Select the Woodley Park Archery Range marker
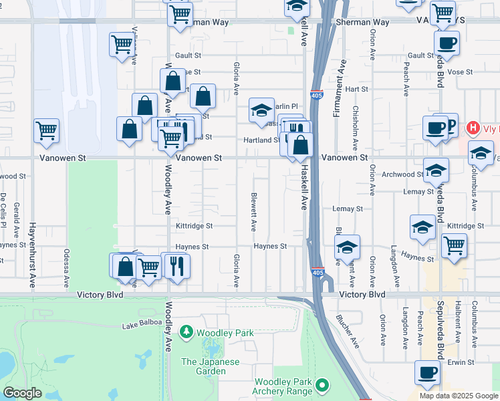coord(324,385)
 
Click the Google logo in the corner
coord(22,393)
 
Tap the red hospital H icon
coord(473,128)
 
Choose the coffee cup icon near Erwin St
coord(427,373)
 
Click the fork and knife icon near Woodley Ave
coord(177,266)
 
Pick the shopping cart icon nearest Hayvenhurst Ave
coord(46,131)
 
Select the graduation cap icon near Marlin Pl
coord(261,110)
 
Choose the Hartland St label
coord(264,140)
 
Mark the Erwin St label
coord(461,362)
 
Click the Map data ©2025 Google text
coord(458,396)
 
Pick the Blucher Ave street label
coord(348,331)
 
